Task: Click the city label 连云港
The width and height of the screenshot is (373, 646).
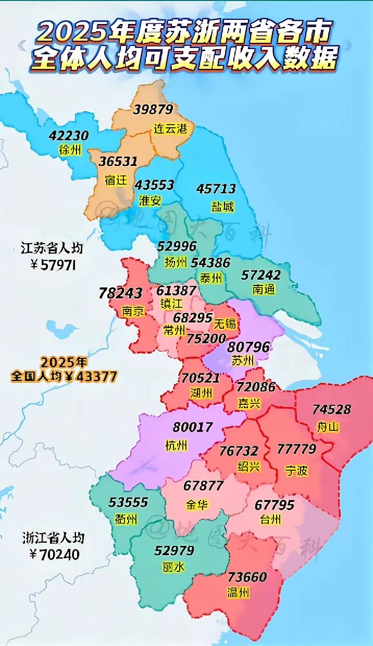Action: pyautogui.click(x=170, y=129)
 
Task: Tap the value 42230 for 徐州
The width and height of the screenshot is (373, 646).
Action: pyautogui.click(x=69, y=136)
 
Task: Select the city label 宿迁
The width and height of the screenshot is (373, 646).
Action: pyautogui.click(x=116, y=181)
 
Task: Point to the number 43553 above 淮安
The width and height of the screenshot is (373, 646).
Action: pyautogui.click(x=154, y=185)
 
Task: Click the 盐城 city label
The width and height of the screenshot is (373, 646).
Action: pyautogui.click(x=222, y=207)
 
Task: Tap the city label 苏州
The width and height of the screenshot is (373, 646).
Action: pyautogui.click(x=242, y=361)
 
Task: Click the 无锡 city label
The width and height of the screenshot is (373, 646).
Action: pyautogui.click(x=225, y=324)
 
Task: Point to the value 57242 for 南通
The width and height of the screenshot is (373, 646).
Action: pyautogui.click(x=261, y=274)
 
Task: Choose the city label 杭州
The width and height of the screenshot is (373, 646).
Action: pyautogui.click(x=176, y=445)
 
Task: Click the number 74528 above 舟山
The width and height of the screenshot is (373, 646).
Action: pyautogui.click(x=331, y=410)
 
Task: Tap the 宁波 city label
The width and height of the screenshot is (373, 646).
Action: pyautogui.click(x=296, y=470)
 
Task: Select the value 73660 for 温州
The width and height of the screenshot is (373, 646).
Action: pyautogui.click(x=247, y=578)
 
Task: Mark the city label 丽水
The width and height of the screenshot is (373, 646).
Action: pyautogui.click(x=174, y=567)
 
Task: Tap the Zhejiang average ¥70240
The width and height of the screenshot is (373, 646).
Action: pyautogui.click(x=54, y=554)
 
